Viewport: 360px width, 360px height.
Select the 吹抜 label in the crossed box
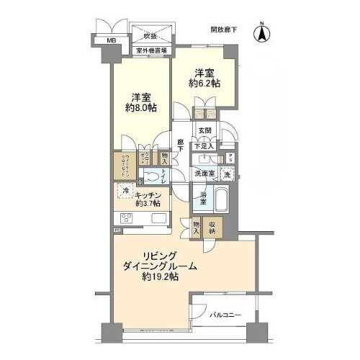tap(149, 35)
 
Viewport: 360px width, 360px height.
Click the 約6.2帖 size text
tap(204, 83)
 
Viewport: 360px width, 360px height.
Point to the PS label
tap(230, 160)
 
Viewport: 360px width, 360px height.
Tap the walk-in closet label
tap(124, 163)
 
